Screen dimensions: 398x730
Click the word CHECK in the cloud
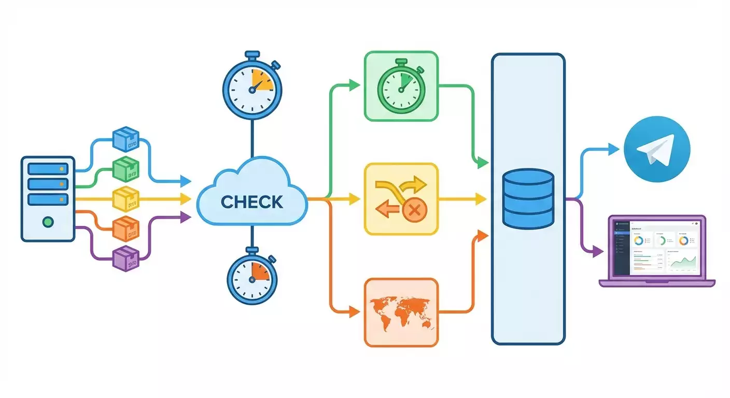[252, 201]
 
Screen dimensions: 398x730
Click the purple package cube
[126, 257]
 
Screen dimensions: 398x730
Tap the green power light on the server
[48, 222]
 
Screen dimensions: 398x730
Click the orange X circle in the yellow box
[414, 210]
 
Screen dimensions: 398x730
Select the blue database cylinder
[528, 198]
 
